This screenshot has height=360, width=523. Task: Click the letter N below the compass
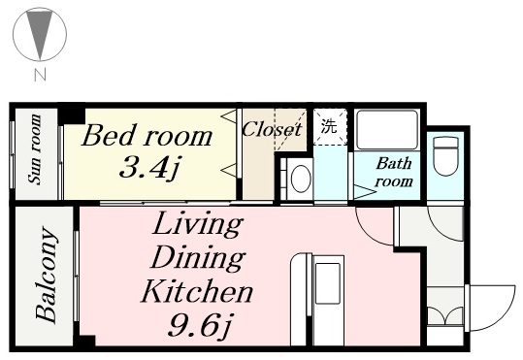40,75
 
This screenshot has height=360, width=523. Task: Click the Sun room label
35,148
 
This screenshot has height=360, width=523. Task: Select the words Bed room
147,135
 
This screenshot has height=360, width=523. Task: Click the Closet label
272,129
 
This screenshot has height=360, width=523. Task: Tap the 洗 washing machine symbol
329,126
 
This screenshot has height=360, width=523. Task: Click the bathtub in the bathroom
387,130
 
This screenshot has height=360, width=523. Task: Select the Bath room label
394,173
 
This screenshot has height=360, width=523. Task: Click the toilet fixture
445,156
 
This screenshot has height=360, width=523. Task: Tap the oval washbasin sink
301,179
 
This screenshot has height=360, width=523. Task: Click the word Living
198,224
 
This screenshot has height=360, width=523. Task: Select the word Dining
198,258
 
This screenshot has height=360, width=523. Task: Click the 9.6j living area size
199,324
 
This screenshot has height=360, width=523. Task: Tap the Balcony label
46,275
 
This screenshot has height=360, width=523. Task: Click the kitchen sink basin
328,283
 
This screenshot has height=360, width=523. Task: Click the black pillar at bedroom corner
72,115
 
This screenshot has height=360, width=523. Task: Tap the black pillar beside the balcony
84,342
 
